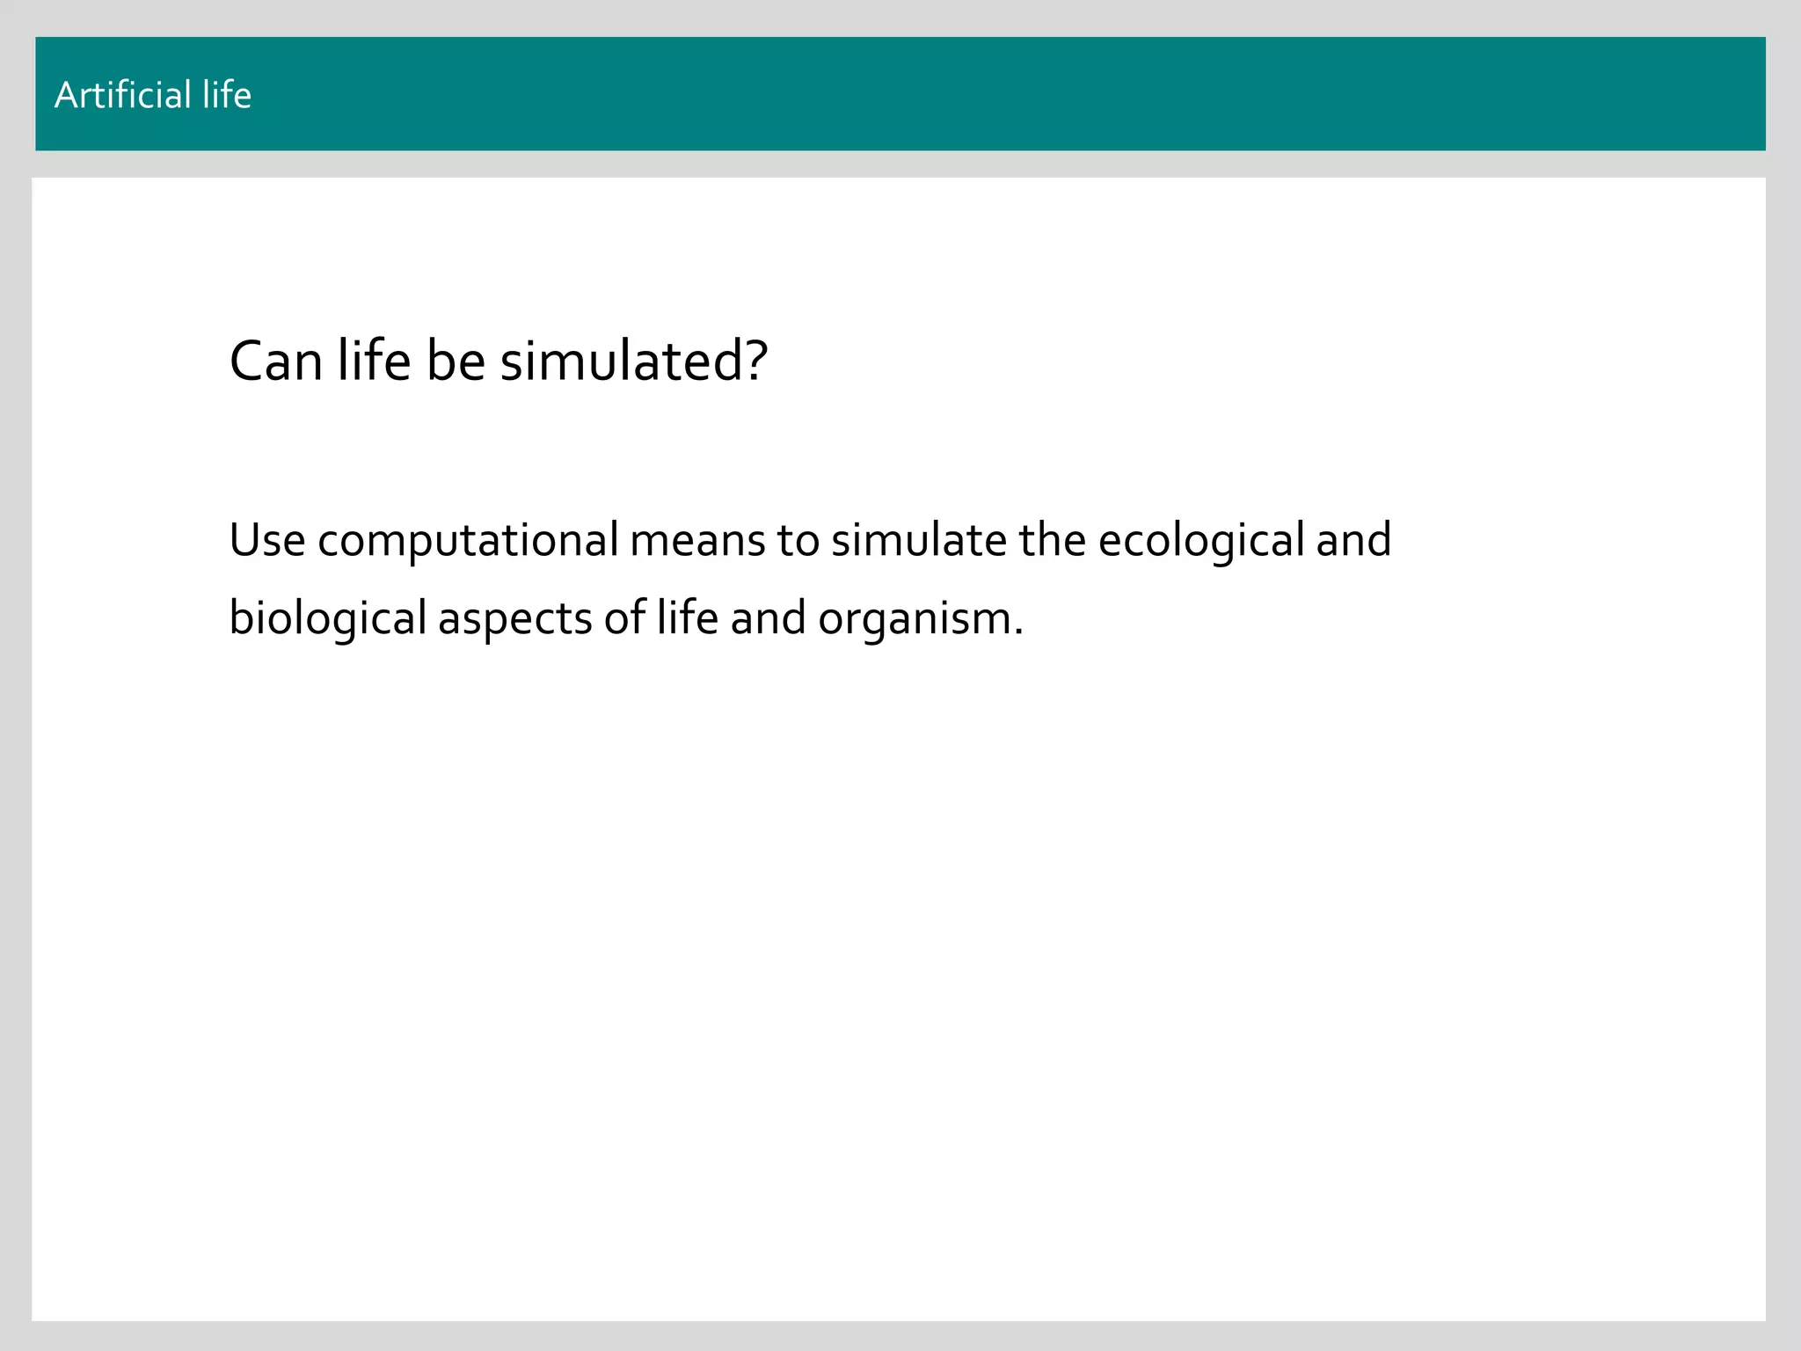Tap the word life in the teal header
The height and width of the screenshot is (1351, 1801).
pos(227,95)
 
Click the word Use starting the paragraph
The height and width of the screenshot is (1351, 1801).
pos(267,540)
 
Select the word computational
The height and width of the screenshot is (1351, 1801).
pos(468,540)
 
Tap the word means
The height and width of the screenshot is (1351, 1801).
pos(697,540)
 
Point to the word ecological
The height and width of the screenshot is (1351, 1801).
pos(1201,540)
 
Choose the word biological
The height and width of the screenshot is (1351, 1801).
pos(327,618)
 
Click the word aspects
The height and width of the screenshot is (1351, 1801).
pos(514,618)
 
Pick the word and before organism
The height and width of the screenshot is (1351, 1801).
pos(768,618)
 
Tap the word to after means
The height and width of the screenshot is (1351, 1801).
pos(798,540)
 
